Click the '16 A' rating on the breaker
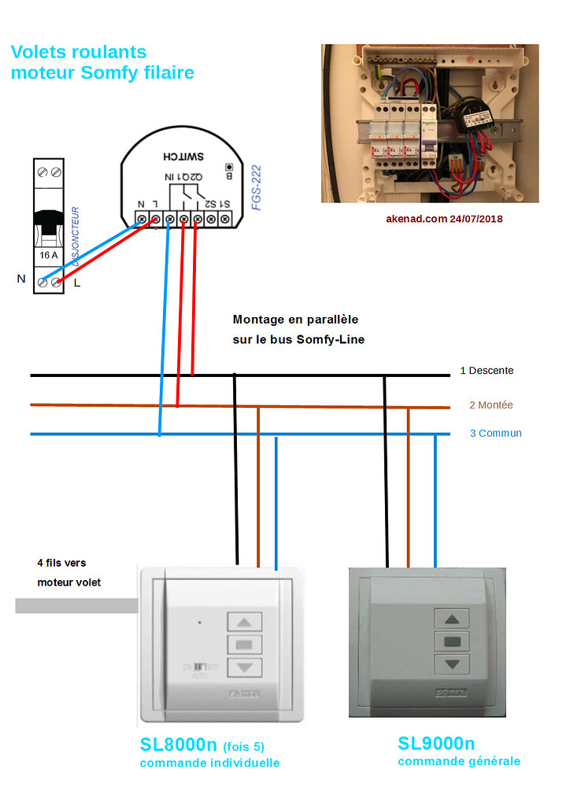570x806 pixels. (x=49, y=255)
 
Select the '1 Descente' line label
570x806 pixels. (x=487, y=371)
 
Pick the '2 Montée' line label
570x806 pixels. (x=490, y=405)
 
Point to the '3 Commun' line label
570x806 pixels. (x=495, y=433)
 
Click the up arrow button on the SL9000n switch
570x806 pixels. (x=452, y=618)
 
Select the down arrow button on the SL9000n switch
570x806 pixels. (x=452, y=664)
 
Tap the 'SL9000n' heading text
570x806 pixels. (x=436, y=743)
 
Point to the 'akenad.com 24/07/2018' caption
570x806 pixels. (x=444, y=218)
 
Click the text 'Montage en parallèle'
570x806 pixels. (x=295, y=320)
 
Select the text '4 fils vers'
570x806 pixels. (x=61, y=563)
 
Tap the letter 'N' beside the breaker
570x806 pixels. (x=20, y=279)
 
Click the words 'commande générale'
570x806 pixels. (x=459, y=761)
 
